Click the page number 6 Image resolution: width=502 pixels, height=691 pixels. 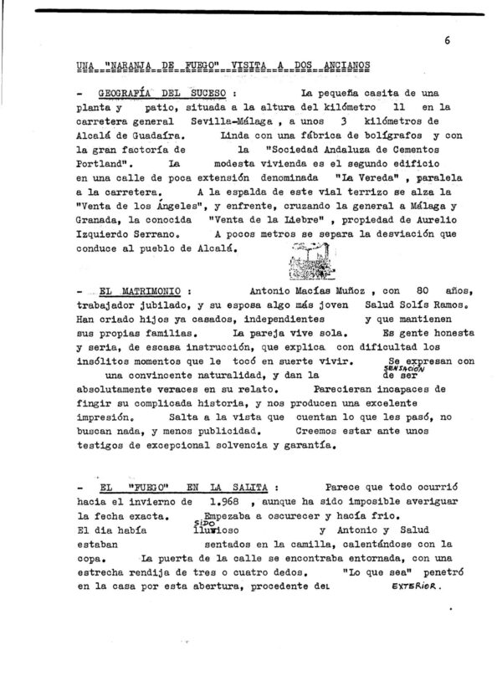[x=448, y=39]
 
